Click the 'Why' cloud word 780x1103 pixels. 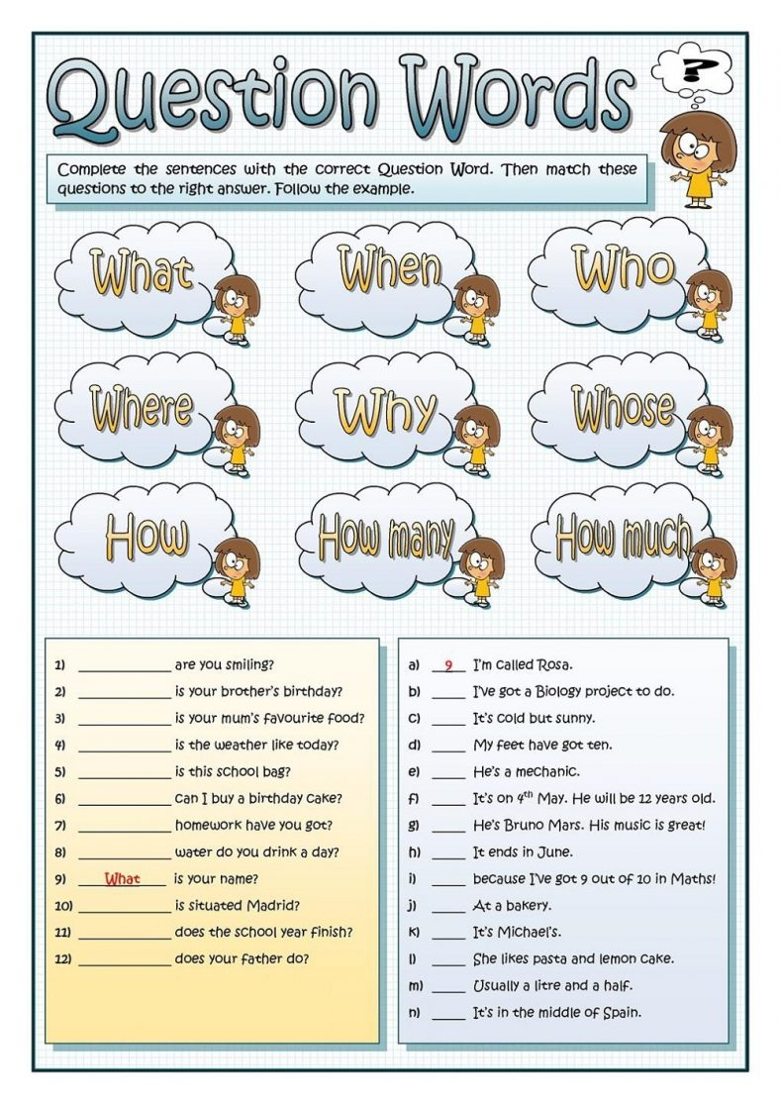tap(385, 410)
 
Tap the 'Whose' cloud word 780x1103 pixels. tap(623, 407)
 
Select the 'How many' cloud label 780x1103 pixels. tap(386, 538)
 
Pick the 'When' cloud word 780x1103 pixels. tap(390, 269)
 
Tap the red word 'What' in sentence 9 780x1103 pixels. tap(123, 878)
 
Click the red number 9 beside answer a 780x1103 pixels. tap(448, 665)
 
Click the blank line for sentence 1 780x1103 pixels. tap(124, 665)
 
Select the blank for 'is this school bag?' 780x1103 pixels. tap(124, 772)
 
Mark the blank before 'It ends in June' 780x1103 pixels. tap(448, 852)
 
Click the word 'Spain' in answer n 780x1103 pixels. tap(621, 1012)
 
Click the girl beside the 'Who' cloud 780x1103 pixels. tap(708, 301)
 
